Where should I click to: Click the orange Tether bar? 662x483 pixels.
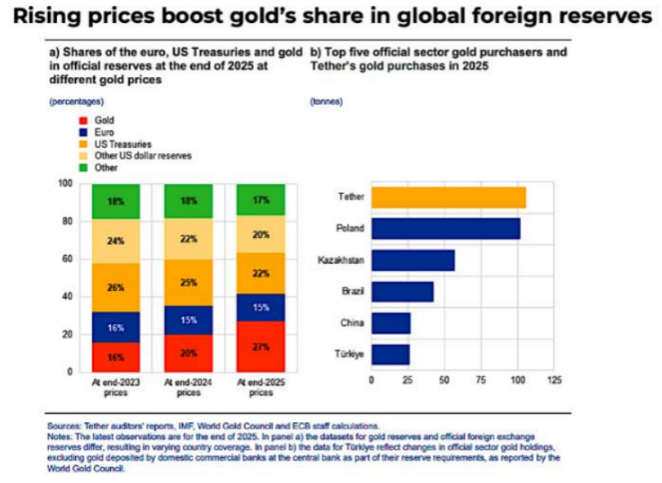click(x=449, y=197)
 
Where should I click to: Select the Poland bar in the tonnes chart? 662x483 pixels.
click(x=446, y=229)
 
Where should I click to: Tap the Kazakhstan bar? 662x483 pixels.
click(x=413, y=260)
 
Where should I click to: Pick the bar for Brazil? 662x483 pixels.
click(x=402, y=291)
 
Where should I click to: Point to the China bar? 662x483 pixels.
click(x=391, y=323)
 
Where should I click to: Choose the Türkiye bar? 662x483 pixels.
click(x=391, y=355)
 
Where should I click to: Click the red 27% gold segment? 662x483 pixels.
click(x=261, y=347)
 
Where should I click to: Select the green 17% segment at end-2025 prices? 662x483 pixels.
click(x=261, y=200)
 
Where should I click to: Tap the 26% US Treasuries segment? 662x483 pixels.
click(x=115, y=288)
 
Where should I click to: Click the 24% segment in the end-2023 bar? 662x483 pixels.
click(x=115, y=241)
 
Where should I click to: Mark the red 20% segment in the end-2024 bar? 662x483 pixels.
click(x=189, y=354)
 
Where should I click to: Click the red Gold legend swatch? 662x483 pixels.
click(x=83, y=121)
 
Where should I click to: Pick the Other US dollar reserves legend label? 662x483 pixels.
click(x=143, y=156)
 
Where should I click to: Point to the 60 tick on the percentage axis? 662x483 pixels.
click(x=68, y=259)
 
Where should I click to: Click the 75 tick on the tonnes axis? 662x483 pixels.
click(x=481, y=380)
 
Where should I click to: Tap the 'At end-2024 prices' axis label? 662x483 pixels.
click(x=188, y=387)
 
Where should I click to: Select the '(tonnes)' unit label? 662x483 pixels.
click(x=327, y=101)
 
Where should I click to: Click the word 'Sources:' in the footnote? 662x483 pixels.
click(x=64, y=426)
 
